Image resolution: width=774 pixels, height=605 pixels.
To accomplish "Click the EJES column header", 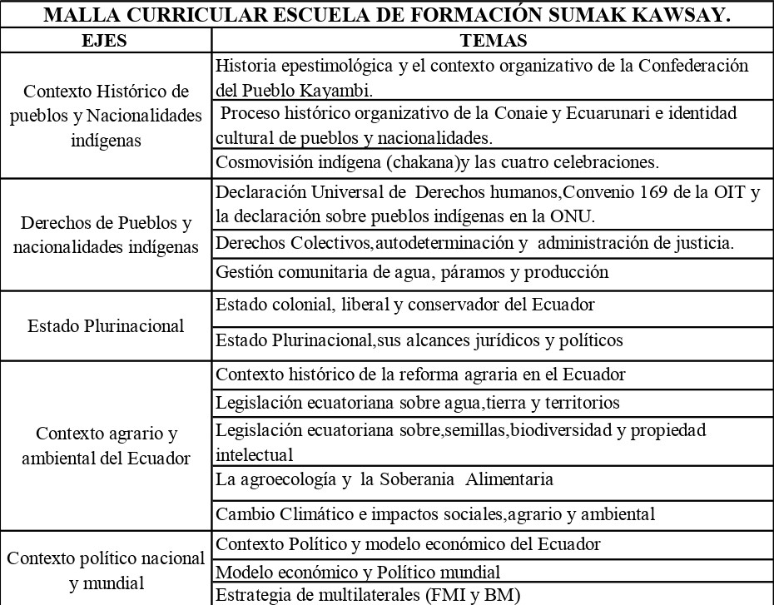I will pos(106,41).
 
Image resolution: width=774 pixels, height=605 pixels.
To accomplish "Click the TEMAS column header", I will pos(493,41).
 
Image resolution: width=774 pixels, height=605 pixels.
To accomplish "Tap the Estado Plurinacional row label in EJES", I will pos(106,326).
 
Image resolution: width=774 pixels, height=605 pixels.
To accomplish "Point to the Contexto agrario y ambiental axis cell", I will pos(106,445).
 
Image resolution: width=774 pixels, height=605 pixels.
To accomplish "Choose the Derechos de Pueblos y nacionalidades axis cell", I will pos(106,236).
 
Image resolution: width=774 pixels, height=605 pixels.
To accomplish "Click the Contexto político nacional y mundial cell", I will pos(106,570).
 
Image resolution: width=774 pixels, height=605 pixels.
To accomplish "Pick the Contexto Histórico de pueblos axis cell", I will pos(106,115).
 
